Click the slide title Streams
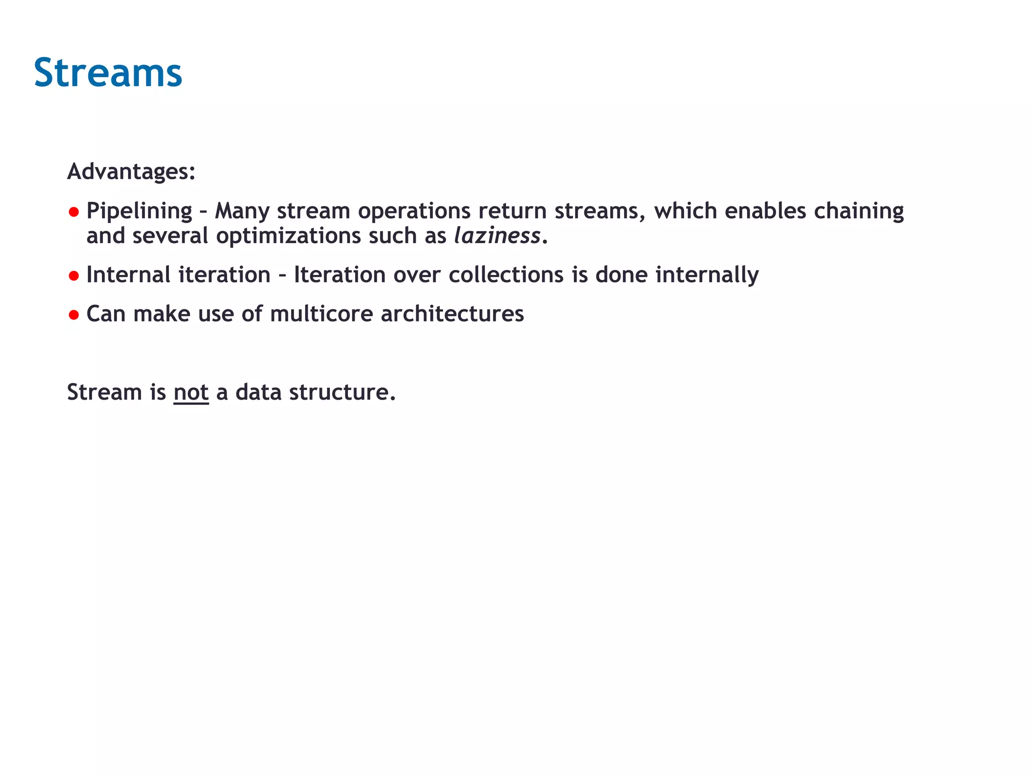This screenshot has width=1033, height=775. tap(107, 73)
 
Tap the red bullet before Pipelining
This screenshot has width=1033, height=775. tap(74, 212)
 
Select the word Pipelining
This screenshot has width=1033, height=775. tap(139, 211)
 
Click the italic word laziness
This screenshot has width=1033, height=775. tap(497, 236)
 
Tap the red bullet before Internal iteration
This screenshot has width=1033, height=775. tap(74, 276)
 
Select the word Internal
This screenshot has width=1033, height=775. tap(129, 275)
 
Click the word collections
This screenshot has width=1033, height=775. tap(506, 275)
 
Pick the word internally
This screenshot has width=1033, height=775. tap(707, 275)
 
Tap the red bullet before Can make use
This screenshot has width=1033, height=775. tap(74, 315)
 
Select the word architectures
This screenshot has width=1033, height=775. tap(452, 314)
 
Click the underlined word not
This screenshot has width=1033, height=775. tap(191, 393)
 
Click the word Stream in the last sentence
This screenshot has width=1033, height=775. tap(104, 393)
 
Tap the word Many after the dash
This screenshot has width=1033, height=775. tap(242, 211)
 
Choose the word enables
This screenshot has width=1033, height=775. tap(765, 211)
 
